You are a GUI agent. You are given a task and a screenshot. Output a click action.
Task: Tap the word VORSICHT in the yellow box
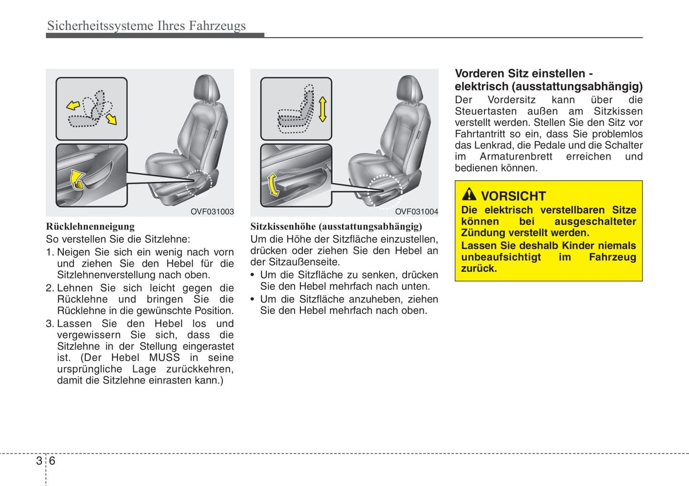(513, 196)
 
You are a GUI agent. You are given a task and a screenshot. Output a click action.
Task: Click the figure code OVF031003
(212, 212)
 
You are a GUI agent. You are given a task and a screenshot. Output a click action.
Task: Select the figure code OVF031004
(416, 212)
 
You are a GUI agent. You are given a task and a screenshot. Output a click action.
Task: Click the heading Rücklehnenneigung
(90, 227)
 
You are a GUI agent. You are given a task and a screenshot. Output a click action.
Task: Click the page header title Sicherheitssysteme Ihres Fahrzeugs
(146, 25)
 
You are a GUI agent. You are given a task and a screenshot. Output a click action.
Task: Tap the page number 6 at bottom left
(52, 461)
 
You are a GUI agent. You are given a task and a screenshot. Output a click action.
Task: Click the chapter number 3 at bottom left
(39, 461)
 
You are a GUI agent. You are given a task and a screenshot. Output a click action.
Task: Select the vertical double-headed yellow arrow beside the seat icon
(322, 109)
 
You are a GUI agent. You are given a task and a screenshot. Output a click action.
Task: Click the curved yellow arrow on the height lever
(273, 185)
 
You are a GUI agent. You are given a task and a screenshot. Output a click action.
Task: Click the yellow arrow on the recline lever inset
(77, 179)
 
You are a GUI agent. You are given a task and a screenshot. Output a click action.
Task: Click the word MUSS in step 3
(165, 358)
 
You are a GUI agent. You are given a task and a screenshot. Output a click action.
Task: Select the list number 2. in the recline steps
(50, 288)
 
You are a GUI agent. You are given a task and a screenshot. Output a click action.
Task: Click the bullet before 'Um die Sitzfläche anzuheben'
(253, 300)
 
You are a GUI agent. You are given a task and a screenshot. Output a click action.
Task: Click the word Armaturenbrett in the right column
(516, 157)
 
